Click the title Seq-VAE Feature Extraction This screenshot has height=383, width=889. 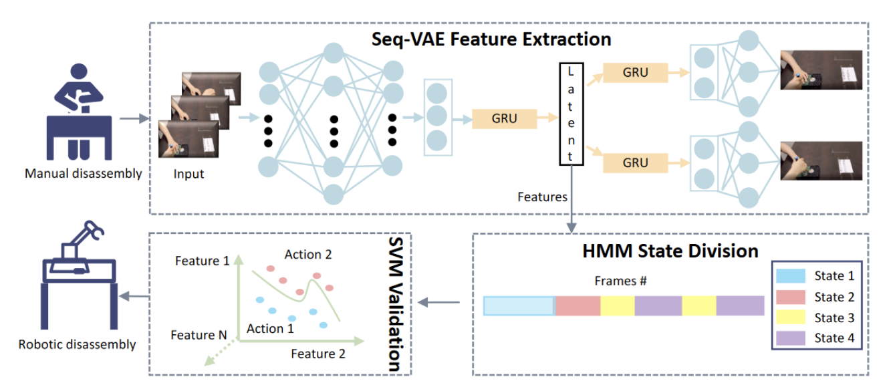pos(491,39)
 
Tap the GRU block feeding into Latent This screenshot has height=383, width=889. pos(504,119)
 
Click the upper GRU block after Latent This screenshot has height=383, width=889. pos(635,72)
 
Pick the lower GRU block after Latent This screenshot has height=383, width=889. pos(635,162)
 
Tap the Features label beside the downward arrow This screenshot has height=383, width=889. pos(543,197)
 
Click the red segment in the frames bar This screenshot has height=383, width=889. pos(578,305)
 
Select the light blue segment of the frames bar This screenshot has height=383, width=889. pos(519,305)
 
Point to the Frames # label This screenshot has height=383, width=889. pos(620,281)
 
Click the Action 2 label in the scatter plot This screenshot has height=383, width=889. pos(307,255)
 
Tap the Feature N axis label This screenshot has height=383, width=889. pos(198,334)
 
